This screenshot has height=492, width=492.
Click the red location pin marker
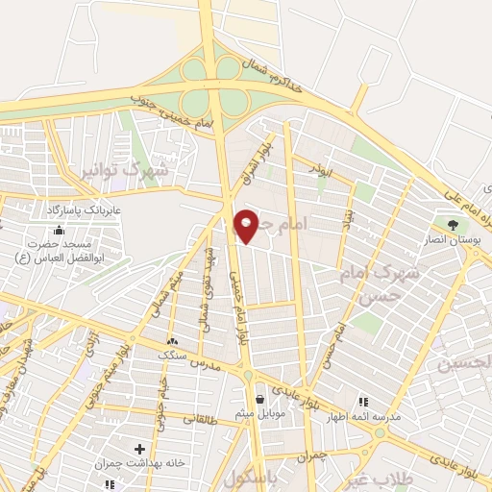pos(246,226)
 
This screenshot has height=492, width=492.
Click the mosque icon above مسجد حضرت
pos(60,230)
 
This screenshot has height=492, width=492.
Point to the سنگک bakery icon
pos(173,341)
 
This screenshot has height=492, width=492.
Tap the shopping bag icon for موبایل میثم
pos(259,398)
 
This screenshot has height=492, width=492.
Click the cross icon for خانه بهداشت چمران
pos(140,449)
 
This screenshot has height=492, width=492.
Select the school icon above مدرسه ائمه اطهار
pos(362,402)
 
